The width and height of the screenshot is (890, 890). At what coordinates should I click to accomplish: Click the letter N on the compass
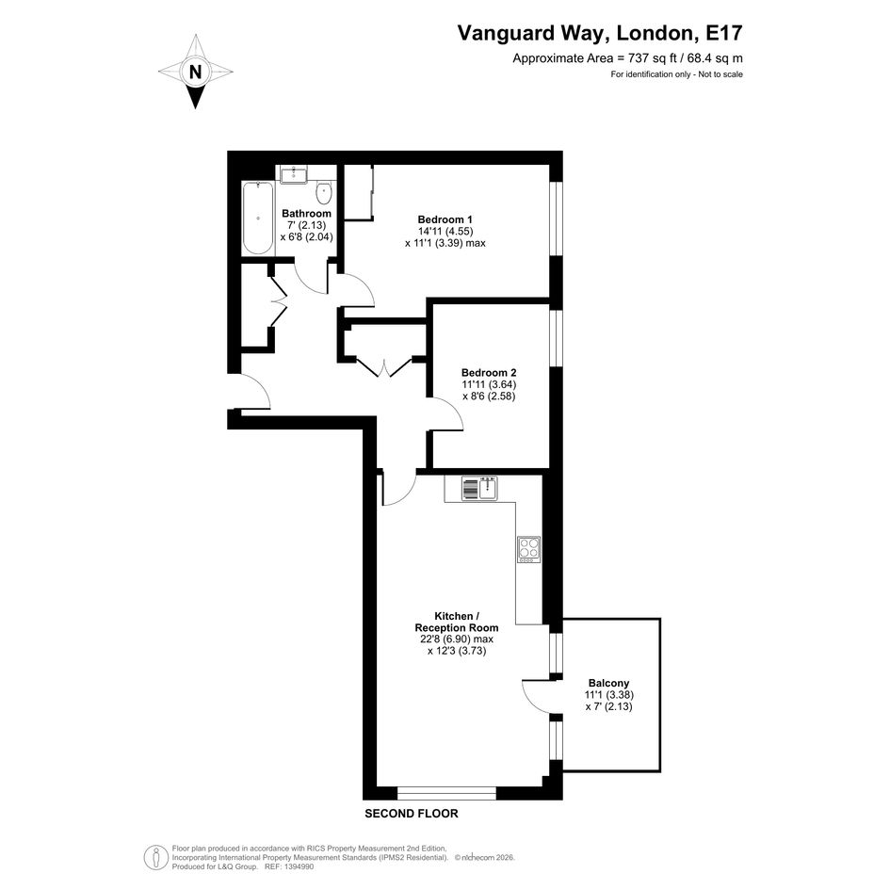pos(195,73)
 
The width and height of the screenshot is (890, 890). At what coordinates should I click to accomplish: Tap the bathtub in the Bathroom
pos(257,218)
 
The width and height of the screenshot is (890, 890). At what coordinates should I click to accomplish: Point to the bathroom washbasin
pos(294,173)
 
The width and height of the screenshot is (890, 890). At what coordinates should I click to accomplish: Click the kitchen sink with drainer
pos(479,488)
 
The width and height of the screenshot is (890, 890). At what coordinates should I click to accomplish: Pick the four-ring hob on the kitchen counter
pos(529,549)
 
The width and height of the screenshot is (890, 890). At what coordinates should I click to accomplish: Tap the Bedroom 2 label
pos(489,373)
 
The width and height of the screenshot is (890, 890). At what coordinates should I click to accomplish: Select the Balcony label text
pos(608,683)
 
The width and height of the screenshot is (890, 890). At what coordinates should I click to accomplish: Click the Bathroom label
pos(306,214)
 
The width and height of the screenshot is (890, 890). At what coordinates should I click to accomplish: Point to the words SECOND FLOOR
pos(411,814)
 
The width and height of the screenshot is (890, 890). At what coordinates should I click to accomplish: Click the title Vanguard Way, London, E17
pos(600,33)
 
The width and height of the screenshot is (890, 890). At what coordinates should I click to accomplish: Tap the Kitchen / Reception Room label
pos(457,622)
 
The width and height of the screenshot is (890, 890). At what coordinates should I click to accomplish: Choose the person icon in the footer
pos(155,858)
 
